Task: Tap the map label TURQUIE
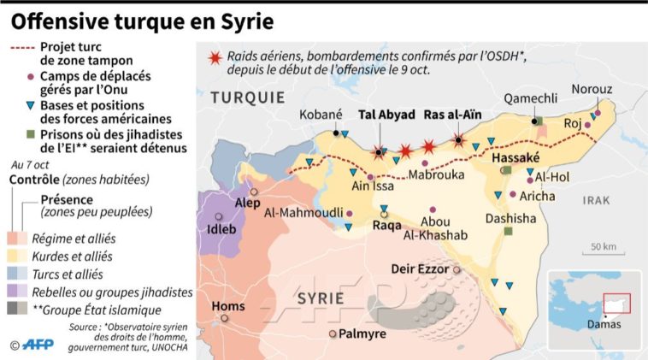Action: (249, 96)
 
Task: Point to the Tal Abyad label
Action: (386, 114)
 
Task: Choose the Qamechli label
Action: (530, 99)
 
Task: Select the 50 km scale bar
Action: (604, 252)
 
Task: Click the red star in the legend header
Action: (215, 58)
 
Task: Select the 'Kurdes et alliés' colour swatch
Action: (18, 256)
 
